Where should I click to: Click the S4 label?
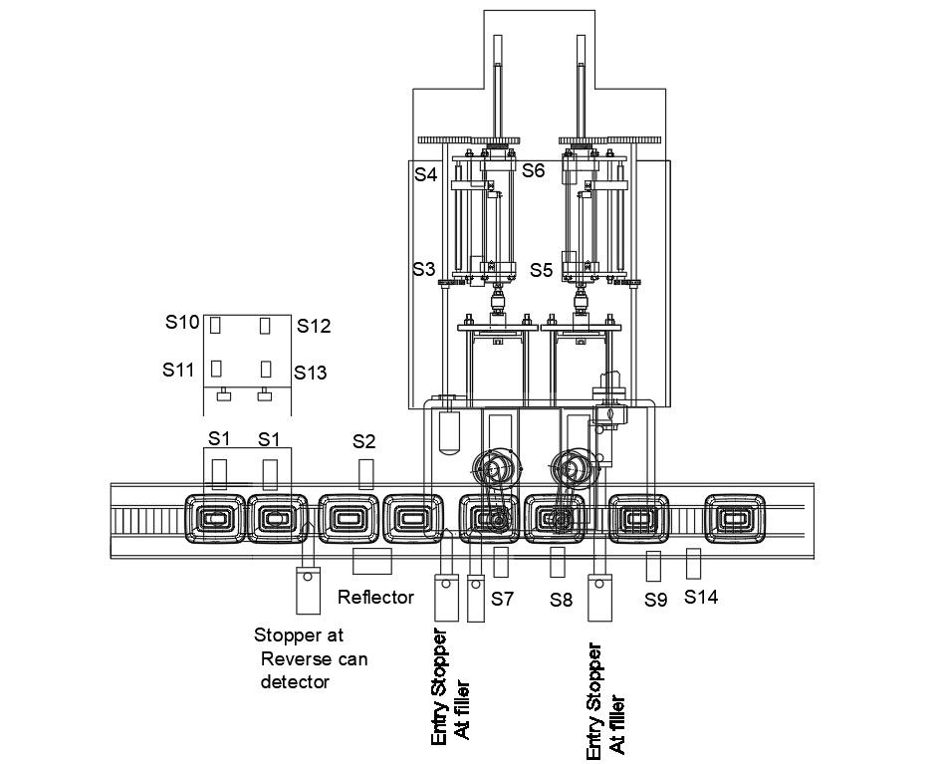[426, 174]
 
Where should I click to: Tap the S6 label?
[533, 170]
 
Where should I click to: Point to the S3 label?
[424, 269]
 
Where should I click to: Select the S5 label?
[541, 270]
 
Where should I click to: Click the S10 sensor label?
[182, 322]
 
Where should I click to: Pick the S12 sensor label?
[314, 326]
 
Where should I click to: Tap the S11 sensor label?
[178, 370]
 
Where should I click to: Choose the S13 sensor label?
[311, 373]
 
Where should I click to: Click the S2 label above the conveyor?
[363, 441]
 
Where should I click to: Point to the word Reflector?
[375, 597]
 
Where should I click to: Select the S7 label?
[503, 598]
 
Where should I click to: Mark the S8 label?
[562, 599]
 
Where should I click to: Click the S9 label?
[656, 600]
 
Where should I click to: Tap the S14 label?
[701, 597]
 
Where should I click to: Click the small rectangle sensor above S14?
[694, 564]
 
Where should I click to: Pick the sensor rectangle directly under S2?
[366, 474]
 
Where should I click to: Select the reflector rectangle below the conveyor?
[372, 562]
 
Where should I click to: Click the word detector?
[295, 682]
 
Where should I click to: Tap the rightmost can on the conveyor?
[735, 518]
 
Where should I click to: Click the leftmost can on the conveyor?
[215, 518]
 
